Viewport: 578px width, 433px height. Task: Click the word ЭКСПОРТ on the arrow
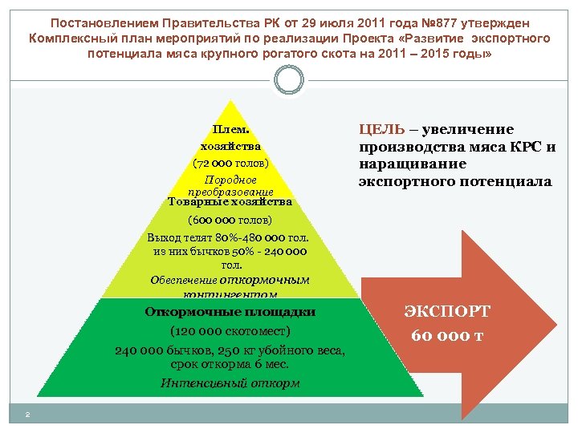(446, 312)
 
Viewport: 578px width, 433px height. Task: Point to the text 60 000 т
(447, 334)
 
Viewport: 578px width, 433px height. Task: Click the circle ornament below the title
(288, 80)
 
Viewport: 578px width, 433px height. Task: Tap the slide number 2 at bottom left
(27, 414)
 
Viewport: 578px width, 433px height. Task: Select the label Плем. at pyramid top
(231, 130)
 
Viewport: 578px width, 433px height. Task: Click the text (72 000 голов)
(231, 163)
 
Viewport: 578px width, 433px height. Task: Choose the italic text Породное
(231, 180)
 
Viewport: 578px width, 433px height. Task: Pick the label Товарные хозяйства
(230, 202)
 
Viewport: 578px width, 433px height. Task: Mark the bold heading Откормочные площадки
(230, 311)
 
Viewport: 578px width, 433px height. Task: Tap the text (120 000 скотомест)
(230, 330)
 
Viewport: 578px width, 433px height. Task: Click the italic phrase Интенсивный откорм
(230, 382)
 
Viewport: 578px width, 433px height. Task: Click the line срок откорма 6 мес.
(230, 365)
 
